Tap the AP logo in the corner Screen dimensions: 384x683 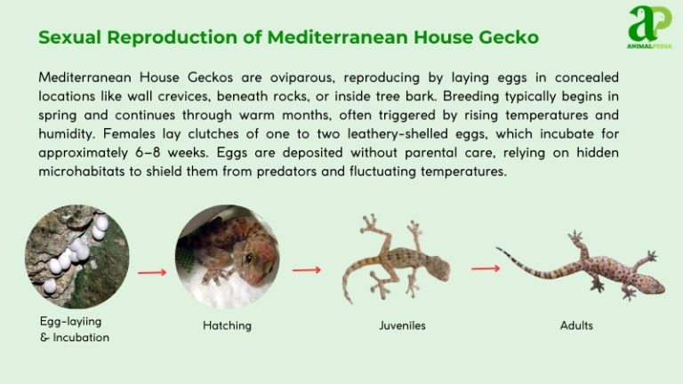[650, 27]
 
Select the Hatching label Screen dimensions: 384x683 [227, 325]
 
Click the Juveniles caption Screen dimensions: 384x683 [402, 325]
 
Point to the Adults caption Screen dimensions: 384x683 [576, 325]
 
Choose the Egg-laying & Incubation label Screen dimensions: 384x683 [75, 329]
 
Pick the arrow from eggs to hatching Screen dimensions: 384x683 [152, 271]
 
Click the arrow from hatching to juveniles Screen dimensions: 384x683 [307, 269]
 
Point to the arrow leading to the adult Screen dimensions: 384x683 [485, 268]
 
